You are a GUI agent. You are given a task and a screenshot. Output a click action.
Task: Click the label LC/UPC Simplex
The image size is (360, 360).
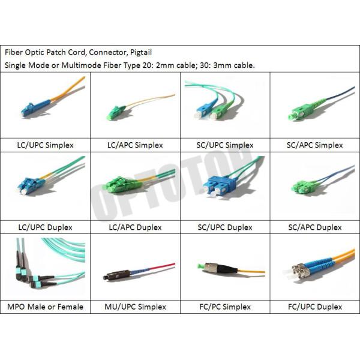45,145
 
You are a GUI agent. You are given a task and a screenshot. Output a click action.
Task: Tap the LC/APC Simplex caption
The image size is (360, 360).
135,145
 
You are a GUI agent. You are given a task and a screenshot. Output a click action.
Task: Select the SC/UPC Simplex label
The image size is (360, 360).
225,145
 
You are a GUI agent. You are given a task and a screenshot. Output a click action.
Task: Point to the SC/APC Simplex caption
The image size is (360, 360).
315,145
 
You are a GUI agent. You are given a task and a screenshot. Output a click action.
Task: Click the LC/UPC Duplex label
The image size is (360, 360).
45,227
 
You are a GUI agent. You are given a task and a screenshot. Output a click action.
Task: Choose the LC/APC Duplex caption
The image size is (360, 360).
135,227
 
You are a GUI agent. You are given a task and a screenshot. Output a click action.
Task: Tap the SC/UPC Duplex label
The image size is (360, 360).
225,227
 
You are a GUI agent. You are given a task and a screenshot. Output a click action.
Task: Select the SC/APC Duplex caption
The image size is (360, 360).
315,227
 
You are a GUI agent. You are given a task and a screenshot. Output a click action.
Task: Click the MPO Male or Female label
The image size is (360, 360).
45,307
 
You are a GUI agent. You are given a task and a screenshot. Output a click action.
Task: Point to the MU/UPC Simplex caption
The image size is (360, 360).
135,307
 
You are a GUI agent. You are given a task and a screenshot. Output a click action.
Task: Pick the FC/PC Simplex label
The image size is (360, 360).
225,307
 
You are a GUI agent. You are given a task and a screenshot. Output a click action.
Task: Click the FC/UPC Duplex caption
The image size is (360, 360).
315,307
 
